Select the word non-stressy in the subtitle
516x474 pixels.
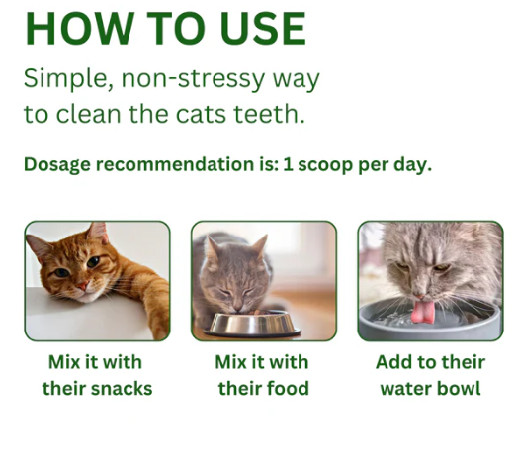pyautogui.click(x=198, y=77)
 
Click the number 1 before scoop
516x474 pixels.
pyautogui.click(x=290, y=164)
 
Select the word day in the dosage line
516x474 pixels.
pyautogui.click(x=411, y=164)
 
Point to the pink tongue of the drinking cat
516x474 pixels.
pyautogui.click(x=424, y=313)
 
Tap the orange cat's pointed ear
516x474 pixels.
pyautogui.click(x=98, y=234)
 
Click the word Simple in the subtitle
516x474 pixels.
pyautogui.click(x=62, y=77)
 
